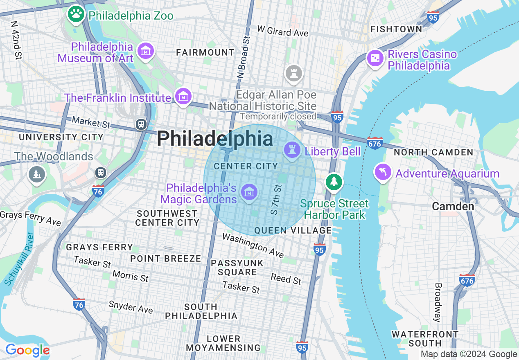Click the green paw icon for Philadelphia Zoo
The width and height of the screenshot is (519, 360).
pyautogui.click(x=76, y=15)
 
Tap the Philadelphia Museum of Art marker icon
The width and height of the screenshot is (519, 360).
pyautogui.click(x=146, y=51)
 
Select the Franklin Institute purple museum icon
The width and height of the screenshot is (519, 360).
pyautogui.click(x=183, y=97)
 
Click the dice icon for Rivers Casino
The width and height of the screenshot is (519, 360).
pyautogui.click(x=375, y=59)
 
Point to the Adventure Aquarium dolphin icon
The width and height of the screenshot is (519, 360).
pyautogui.click(x=383, y=172)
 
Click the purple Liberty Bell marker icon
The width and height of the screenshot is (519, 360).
pyautogui.click(x=292, y=150)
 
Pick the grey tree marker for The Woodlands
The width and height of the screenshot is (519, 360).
pyautogui.click(x=37, y=174)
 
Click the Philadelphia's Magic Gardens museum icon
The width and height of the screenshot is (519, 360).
pyautogui.click(x=249, y=191)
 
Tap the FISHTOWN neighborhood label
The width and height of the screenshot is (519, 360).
pyautogui.click(x=396, y=29)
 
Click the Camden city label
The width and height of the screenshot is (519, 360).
pyautogui.click(x=453, y=206)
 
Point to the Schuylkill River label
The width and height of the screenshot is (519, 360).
pyautogui.click(x=19, y=259)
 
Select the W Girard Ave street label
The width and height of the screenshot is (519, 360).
pyautogui.click(x=282, y=31)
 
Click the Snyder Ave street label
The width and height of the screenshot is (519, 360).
pyautogui.click(x=131, y=307)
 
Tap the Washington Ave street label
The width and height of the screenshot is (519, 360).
pyautogui.click(x=253, y=245)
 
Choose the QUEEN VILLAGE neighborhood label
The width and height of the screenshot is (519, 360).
pyautogui.click(x=293, y=231)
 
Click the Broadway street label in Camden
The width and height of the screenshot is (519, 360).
pyautogui.click(x=438, y=302)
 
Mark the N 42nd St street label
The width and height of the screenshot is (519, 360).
pyautogui.click(x=16, y=40)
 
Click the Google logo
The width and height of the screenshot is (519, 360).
pyautogui.click(x=27, y=351)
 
